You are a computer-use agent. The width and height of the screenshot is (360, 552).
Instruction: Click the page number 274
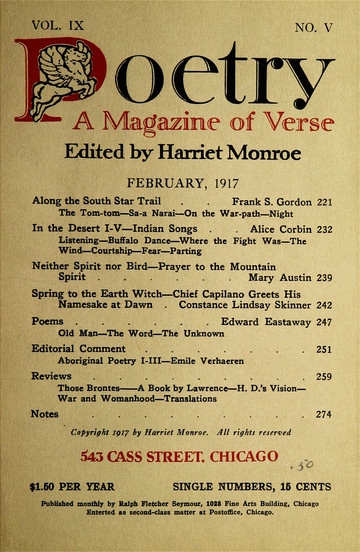coord(324,442)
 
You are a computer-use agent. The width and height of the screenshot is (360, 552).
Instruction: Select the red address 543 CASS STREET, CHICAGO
coord(180,485)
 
